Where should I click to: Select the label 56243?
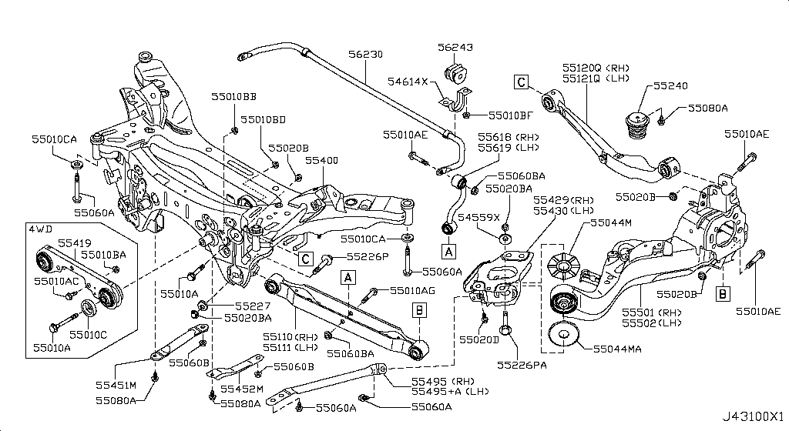(x=462, y=46)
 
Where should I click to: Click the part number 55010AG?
(x=412, y=290)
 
